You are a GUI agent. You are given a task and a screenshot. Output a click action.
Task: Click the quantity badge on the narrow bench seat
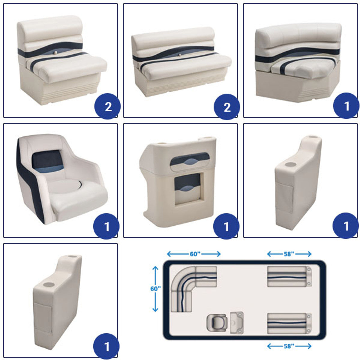pyautogui.click(x=108, y=106)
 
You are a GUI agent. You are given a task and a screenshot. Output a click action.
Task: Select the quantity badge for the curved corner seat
pyautogui.click(x=346, y=106)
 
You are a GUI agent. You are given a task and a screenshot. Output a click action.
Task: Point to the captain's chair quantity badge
pyautogui.click(x=106, y=226)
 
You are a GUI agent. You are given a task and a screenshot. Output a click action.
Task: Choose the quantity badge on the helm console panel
pyautogui.click(x=226, y=226)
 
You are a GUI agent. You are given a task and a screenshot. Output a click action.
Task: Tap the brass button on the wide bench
pyautogui.click(x=180, y=55)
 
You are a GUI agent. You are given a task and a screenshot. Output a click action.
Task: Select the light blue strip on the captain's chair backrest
pyautogui.click(x=50, y=169)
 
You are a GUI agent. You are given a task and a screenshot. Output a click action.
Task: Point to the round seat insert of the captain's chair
pyautogui.click(x=64, y=186)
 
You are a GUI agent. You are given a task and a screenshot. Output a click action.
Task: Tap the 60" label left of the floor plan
pyautogui.click(x=156, y=289)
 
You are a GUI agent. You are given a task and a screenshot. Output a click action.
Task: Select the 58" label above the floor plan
pyautogui.click(x=289, y=254)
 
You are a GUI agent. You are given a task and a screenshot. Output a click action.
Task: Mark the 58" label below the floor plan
pyautogui.click(x=289, y=346)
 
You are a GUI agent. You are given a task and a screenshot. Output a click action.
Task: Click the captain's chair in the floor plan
pyautogui.click(x=217, y=323)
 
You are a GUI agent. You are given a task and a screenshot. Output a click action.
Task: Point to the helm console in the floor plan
pyautogui.click(x=237, y=323)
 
